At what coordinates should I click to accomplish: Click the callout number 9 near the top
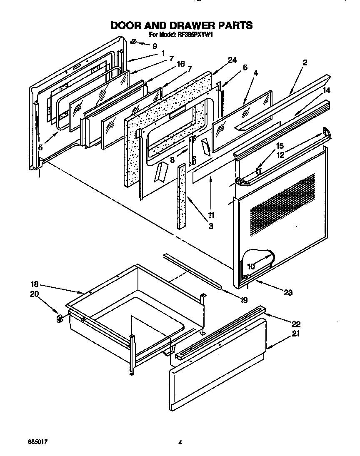pos(155,45)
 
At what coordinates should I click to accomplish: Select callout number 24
pos(232,60)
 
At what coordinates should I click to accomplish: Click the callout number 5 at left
pos(40,147)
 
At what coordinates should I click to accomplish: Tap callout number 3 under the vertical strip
pos(211,226)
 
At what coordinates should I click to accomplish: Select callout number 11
pos(211,215)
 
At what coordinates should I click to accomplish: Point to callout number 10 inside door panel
pos(251,266)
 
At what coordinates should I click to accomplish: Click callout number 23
pos(287,292)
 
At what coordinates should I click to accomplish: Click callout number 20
pos(35,294)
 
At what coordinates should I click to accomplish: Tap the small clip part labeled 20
pos(59,319)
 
